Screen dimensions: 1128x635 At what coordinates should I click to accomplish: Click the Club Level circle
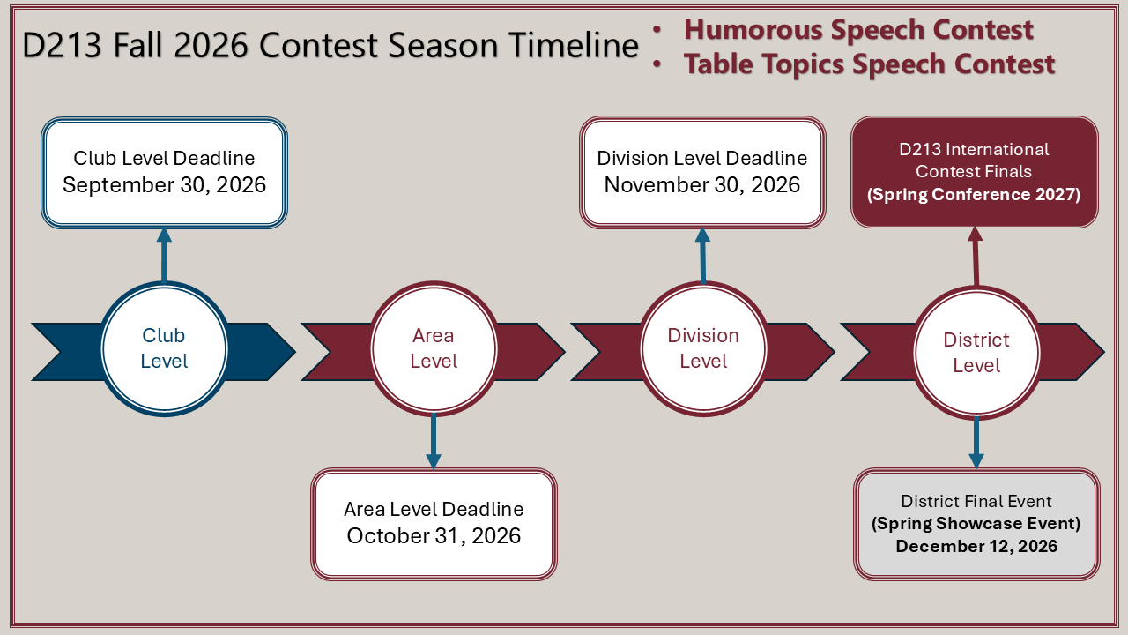[164, 348]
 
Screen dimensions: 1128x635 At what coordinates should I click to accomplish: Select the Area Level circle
[434, 348]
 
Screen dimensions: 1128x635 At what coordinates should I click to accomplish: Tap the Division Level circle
[703, 348]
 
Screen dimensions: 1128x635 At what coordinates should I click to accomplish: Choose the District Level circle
[976, 353]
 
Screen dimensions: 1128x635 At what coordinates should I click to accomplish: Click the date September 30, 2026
[164, 185]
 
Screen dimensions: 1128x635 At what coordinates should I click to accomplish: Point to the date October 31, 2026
[434, 535]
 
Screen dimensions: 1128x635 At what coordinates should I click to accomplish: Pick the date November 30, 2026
[702, 185]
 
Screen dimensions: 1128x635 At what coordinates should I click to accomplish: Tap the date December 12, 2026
[976, 546]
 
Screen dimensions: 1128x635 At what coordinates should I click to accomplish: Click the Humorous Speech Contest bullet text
[858, 30]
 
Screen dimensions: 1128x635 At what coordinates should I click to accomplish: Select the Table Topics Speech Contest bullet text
[869, 64]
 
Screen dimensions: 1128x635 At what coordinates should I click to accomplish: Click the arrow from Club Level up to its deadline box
[164, 255]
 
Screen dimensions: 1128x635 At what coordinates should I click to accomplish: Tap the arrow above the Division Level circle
[703, 255]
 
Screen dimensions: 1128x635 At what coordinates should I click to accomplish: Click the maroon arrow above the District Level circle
[976, 257]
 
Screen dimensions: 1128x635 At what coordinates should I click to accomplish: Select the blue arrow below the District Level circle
[976, 444]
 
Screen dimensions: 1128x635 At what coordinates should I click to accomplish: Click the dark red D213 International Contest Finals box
[975, 172]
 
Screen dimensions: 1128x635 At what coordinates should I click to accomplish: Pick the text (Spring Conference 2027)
[974, 195]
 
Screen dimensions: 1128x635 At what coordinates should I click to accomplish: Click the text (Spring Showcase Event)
[976, 524]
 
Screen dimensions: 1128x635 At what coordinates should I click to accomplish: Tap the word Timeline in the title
[574, 45]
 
